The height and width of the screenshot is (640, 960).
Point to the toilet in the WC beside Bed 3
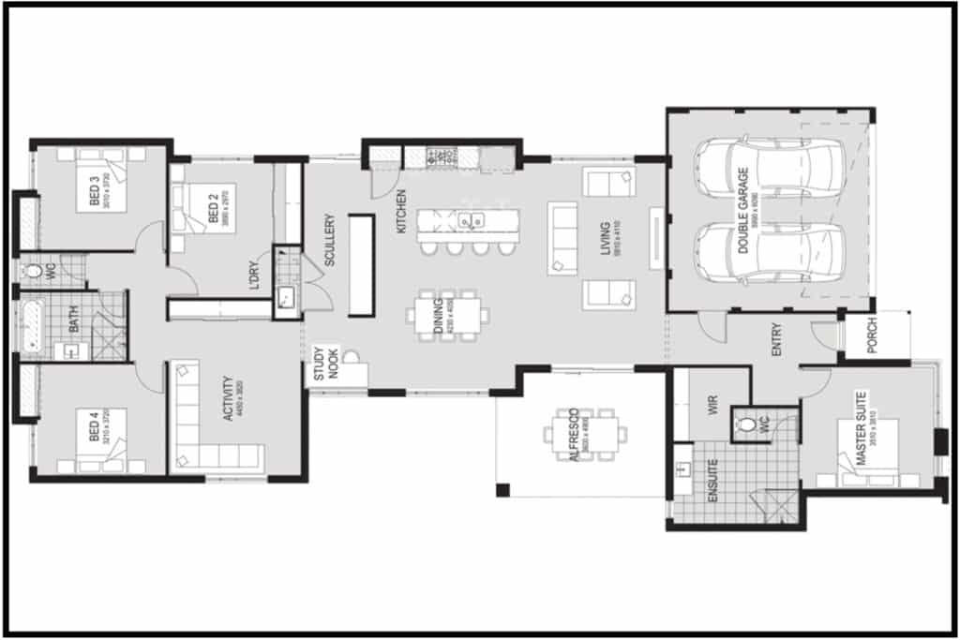pyautogui.click(x=35, y=272)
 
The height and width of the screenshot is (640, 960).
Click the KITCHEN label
pyautogui.click(x=400, y=212)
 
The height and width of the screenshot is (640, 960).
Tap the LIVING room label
pyautogui.click(x=605, y=238)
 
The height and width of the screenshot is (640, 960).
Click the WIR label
pyautogui.click(x=712, y=405)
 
